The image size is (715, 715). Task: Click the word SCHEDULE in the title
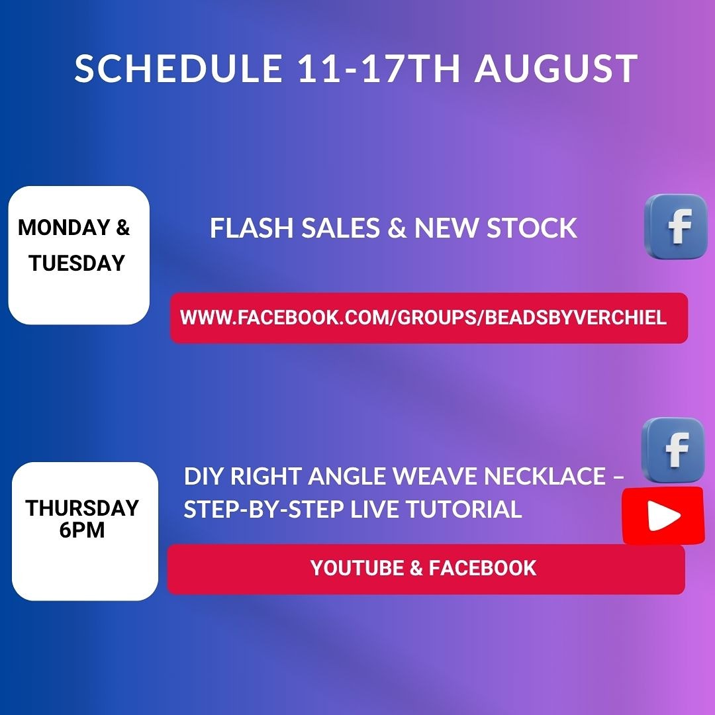click(178, 68)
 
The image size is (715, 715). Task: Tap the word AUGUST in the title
click(556, 68)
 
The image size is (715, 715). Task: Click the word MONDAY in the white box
click(64, 227)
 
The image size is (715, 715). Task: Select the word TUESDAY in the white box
click(77, 263)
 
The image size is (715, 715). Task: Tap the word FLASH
click(252, 228)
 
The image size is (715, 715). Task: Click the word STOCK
click(532, 228)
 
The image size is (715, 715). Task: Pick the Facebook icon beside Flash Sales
click(676, 226)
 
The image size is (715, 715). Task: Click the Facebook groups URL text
click(423, 317)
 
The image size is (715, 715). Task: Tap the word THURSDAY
click(82, 508)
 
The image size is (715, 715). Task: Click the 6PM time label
click(82, 530)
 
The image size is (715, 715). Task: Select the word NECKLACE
click(545, 476)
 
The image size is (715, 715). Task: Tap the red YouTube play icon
click(663, 515)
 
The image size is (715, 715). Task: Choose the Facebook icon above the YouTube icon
click(673, 450)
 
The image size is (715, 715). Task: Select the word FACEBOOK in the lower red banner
click(483, 568)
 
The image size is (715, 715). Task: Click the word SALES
click(340, 228)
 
